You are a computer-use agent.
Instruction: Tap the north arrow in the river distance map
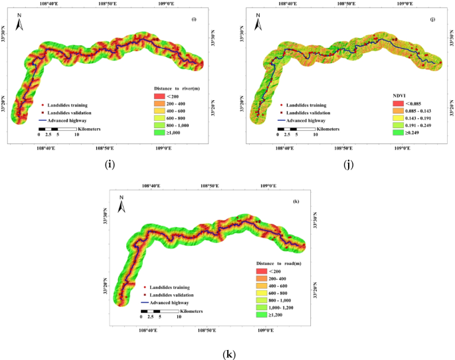(x=21, y=24)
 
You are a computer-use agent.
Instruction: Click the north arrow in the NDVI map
(x=252, y=24)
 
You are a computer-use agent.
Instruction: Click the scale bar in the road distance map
(x=159, y=311)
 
